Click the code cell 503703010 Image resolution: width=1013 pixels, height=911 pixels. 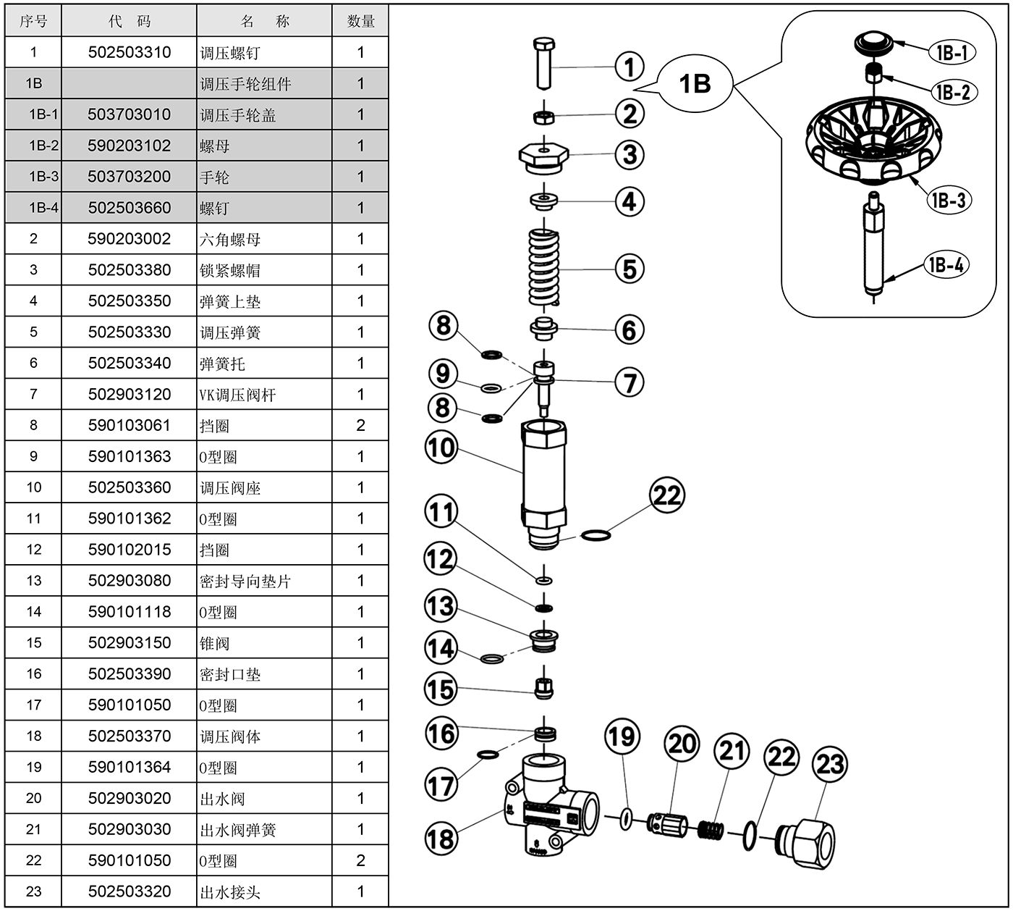click(129, 114)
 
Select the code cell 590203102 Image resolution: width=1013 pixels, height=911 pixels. click(129, 146)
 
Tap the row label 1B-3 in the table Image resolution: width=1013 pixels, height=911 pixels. click(43, 177)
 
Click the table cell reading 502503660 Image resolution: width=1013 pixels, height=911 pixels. click(130, 208)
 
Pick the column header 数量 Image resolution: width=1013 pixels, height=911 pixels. click(360, 21)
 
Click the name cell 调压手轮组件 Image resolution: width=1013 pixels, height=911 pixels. click(246, 84)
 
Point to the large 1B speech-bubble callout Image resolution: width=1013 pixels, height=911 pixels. click(695, 84)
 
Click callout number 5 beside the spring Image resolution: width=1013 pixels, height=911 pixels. click(630, 269)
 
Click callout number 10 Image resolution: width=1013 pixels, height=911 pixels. click(441, 448)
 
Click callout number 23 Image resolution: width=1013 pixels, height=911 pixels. click(830, 763)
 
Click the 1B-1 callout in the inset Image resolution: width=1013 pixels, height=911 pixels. click(951, 53)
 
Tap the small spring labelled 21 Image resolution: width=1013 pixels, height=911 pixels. click(711, 828)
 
